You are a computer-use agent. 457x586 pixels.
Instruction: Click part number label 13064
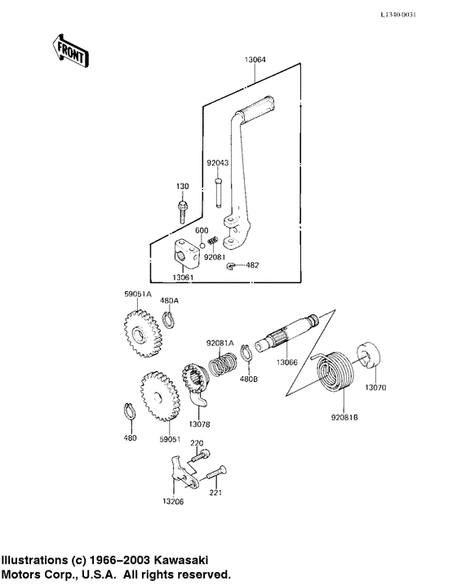[255, 60]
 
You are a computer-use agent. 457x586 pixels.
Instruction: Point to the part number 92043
[218, 162]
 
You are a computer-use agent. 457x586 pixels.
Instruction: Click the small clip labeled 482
[233, 266]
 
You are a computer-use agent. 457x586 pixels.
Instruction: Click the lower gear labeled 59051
[161, 397]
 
